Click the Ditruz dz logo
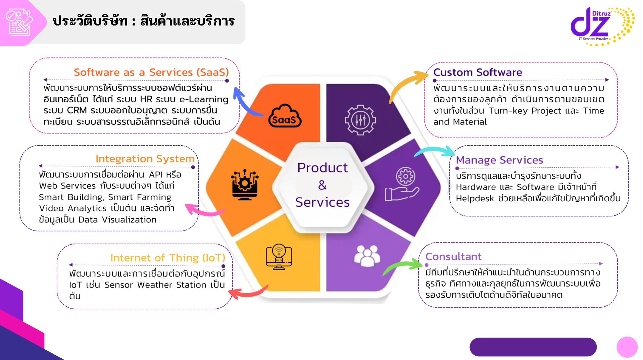tap(601, 25)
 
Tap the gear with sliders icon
tap(360, 120)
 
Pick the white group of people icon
tap(367, 256)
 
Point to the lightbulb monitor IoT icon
tap(279, 257)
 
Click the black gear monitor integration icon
tap(245, 185)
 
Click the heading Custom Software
tap(478, 72)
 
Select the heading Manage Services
tap(499, 160)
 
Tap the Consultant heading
tap(453, 256)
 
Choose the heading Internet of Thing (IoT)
tap(168, 258)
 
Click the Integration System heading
tap(145, 159)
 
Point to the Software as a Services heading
tap(151, 72)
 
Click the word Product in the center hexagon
tap(323, 168)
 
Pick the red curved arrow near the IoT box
tap(248, 293)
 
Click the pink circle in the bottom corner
tap(627, 347)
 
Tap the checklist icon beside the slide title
tap(19, 22)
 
